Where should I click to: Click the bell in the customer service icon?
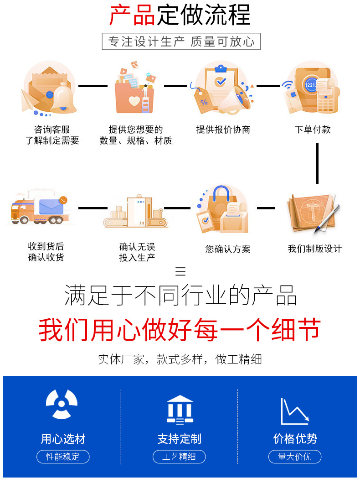coord(63,98)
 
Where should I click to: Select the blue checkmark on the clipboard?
coord(220,81)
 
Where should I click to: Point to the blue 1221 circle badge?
coord(310,85)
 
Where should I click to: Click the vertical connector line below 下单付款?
coord(317,163)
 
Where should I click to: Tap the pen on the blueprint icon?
coord(327,218)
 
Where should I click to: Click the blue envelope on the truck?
coord(51,206)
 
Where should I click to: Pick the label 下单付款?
coord(313,130)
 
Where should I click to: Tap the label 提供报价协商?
coord(223,130)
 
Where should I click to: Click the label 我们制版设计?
coord(314,249)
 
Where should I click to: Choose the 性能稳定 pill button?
coord(63,457)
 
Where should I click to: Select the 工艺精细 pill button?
coord(179,457)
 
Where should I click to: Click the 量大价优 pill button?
coord(295,457)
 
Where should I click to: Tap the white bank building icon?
coord(180,410)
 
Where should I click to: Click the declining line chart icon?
coord(295,411)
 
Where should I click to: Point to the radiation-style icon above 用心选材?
coord(62,404)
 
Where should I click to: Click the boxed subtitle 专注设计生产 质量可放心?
coord(181,42)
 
